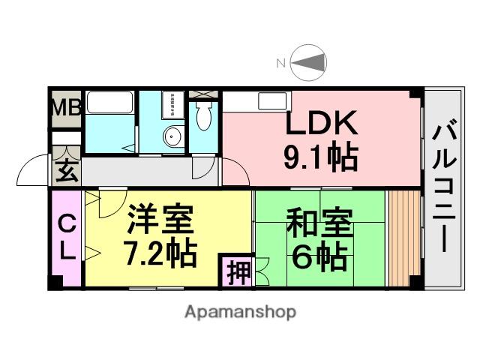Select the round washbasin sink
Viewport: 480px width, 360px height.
172,137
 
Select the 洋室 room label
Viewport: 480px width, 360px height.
160,220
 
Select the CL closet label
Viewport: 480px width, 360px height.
67,238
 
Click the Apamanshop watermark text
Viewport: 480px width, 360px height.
240,311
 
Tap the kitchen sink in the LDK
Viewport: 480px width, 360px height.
268,100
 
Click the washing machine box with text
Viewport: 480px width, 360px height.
172,105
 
